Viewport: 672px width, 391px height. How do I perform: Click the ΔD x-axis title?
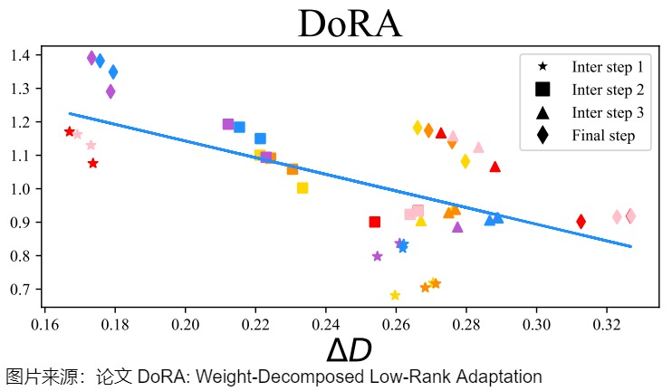[x=349, y=350]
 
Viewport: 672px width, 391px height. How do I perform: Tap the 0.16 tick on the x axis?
[x=44, y=323]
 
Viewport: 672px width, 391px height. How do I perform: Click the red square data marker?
[x=375, y=222]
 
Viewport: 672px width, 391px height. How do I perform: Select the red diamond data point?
[x=581, y=221]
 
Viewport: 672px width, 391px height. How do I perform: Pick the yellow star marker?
[x=395, y=295]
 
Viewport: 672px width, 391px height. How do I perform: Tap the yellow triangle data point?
[x=420, y=220]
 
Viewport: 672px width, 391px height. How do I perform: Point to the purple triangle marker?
[x=457, y=226]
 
